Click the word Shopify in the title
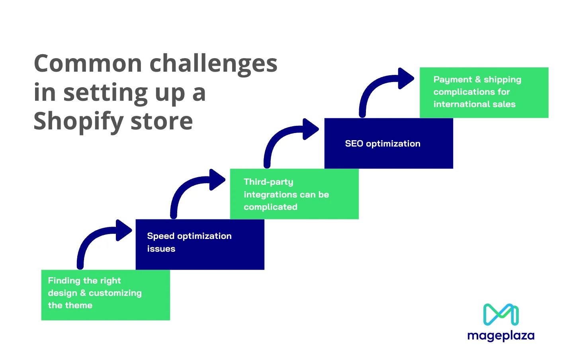click(78, 121)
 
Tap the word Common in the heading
click(88, 64)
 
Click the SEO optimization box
click(389, 143)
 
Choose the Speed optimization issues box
click(200, 244)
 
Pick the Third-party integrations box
click(294, 194)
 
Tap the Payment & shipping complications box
click(484, 92)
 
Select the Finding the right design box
click(106, 295)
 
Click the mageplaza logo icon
click(501, 315)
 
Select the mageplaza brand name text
click(501, 336)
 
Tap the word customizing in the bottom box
click(115, 293)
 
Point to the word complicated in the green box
click(270, 207)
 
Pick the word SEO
click(354, 144)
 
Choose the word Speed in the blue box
click(160, 236)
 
